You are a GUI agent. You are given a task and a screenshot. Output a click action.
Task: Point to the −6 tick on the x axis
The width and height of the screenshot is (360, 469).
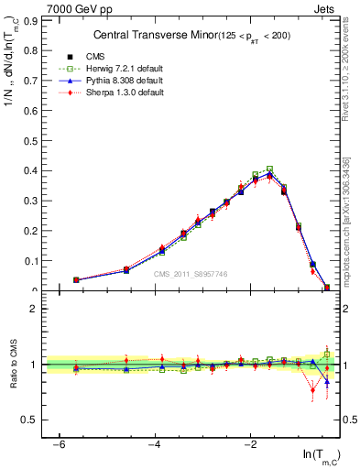58,443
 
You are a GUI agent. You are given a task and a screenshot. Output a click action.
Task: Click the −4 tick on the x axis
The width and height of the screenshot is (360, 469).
155,443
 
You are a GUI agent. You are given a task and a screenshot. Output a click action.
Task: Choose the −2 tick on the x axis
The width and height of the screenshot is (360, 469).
251,443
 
